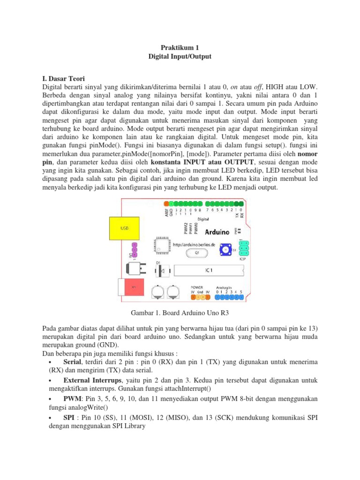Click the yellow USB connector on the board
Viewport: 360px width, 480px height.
tap(124, 229)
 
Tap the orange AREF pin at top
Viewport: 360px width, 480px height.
tap(166, 204)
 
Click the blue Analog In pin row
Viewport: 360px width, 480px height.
tap(229, 297)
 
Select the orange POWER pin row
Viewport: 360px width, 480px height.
tap(199, 297)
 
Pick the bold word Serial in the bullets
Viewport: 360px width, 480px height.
tap(72, 362)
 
